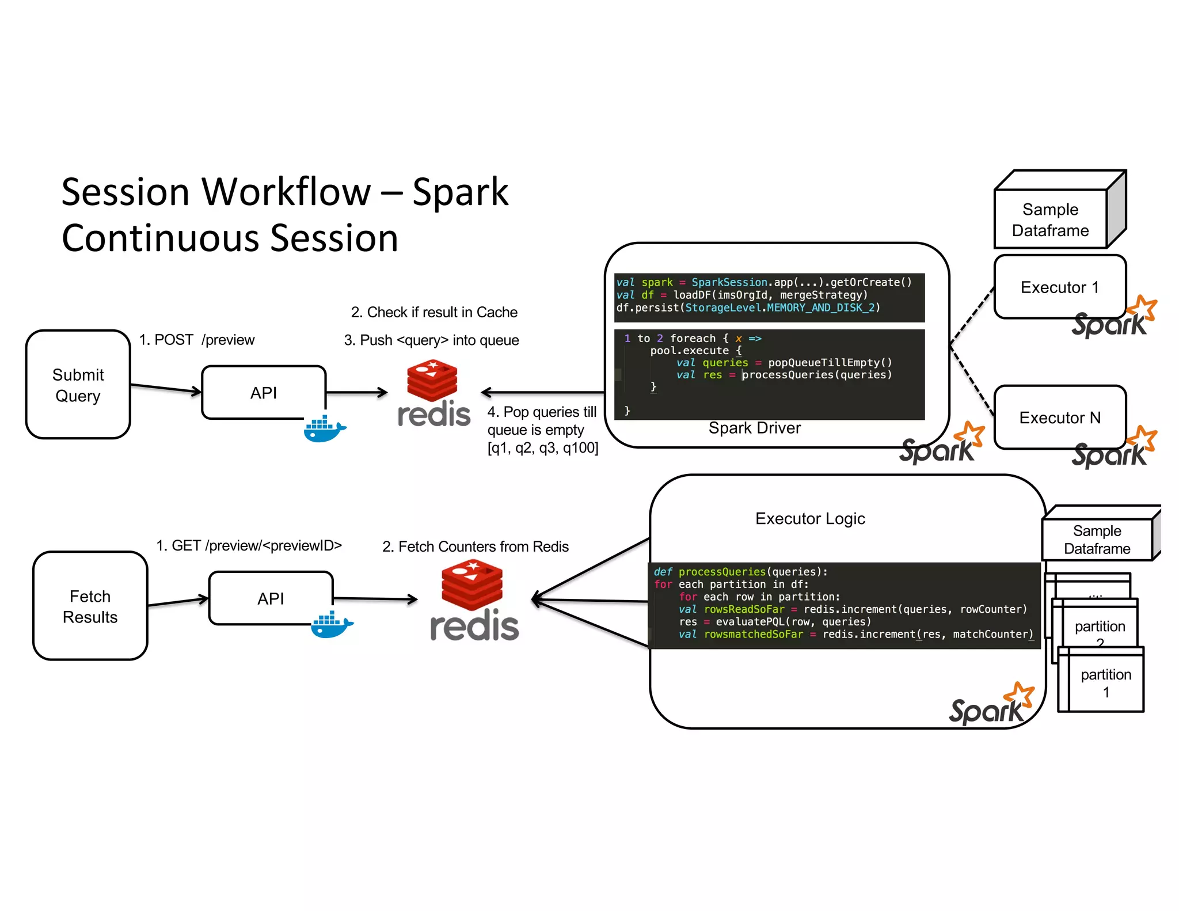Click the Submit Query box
(78, 385)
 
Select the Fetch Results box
(90, 606)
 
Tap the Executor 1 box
(1059, 287)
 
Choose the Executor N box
(1059, 417)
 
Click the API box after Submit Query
(264, 392)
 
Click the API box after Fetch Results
(271, 598)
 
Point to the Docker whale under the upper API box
(324, 429)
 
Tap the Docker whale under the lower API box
(332, 625)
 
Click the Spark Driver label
(754, 428)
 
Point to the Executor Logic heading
(810, 518)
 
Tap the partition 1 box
(1105, 683)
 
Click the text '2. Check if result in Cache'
(434, 312)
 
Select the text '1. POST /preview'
(196, 340)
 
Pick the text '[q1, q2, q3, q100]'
(542, 448)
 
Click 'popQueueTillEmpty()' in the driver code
(830, 362)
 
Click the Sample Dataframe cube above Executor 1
(1050, 219)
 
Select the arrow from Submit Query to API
(166, 388)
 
